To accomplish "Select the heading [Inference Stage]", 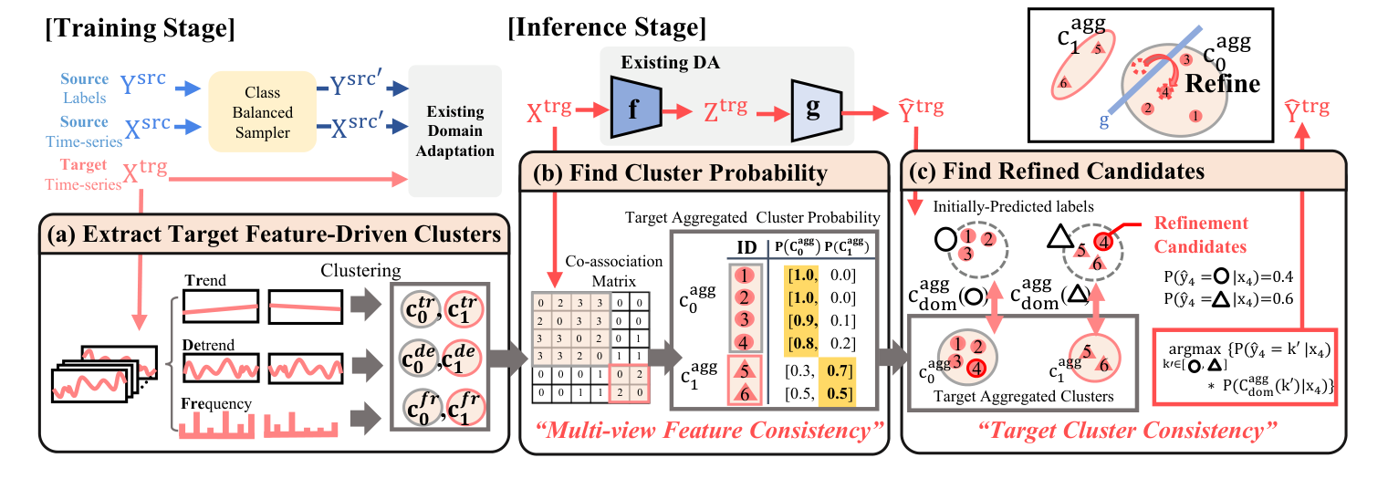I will pyautogui.click(x=606, y=29).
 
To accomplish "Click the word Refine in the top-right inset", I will pyautogui.click(x=1223, y=85).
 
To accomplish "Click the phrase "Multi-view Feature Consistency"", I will pyautogui.click(x=703, y=429).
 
